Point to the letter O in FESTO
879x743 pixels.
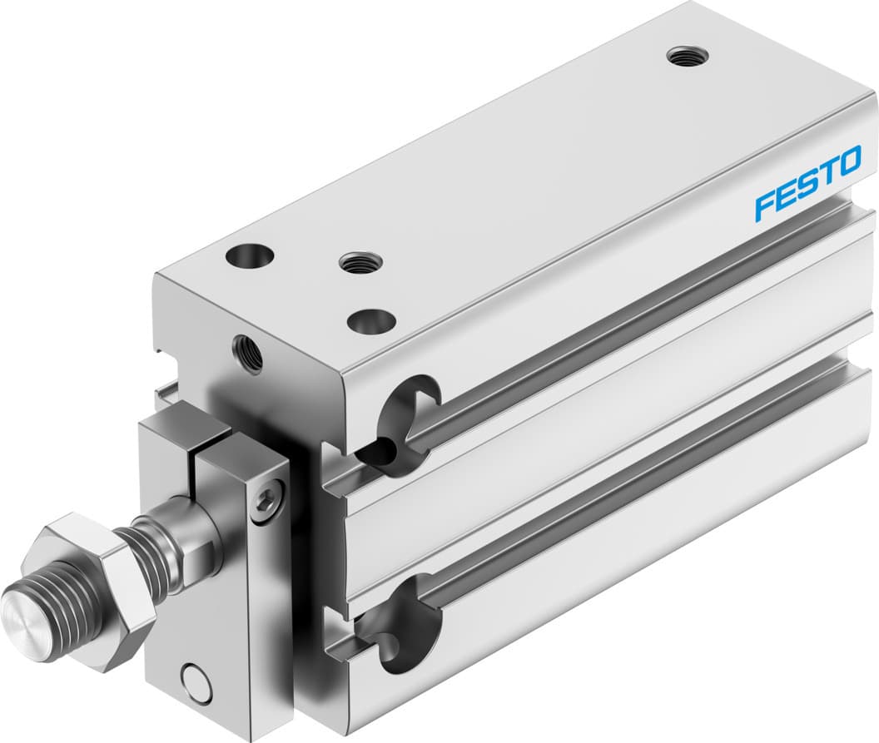pyautogui.click(x=847, y=161)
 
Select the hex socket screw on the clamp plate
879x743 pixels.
pyautogui.click(x=266, y=499)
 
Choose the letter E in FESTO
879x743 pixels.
pyautogui.click(x=785, y=196)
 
